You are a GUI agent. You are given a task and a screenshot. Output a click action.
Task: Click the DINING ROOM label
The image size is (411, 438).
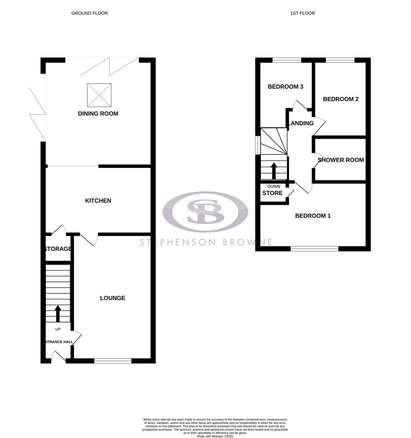pos(98,114)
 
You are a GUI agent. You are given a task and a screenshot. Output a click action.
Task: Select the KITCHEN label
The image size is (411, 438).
pos(98,201)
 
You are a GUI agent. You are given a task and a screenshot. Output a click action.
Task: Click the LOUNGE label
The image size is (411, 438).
pos(112,298)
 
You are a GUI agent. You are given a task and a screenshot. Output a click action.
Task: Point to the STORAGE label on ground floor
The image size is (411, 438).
pos(58,249)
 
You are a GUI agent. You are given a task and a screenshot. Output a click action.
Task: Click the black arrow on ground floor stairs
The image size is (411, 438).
pos(58,313)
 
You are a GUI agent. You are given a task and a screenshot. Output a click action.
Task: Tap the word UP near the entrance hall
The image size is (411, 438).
pos(58,329)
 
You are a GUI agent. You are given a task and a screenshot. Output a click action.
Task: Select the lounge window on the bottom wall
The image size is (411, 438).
pos(113,360)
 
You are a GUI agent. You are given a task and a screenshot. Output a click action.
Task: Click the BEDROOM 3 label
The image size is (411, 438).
pos(286,87)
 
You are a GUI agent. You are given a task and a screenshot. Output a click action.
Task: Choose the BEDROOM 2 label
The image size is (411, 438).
pos(340,99)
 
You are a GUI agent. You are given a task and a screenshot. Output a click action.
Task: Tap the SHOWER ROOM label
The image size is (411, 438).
pos(340,160)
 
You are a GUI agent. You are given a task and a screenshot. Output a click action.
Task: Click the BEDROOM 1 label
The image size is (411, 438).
pos(313,216)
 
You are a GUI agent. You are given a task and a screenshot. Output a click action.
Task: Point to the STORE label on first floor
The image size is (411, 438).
pos(272,193)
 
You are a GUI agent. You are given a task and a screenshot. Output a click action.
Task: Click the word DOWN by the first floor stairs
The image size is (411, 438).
pos(274,187)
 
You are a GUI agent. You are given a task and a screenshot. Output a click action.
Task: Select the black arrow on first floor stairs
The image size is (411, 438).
pos(274,170)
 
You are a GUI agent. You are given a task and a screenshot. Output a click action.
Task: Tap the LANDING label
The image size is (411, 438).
pos(301,123)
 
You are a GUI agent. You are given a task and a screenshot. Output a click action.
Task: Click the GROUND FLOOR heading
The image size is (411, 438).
pos(89,13)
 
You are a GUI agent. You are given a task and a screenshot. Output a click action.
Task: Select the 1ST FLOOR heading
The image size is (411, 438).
pos(303,13)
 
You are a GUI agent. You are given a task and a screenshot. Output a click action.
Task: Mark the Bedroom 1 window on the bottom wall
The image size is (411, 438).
pos(314,248)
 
